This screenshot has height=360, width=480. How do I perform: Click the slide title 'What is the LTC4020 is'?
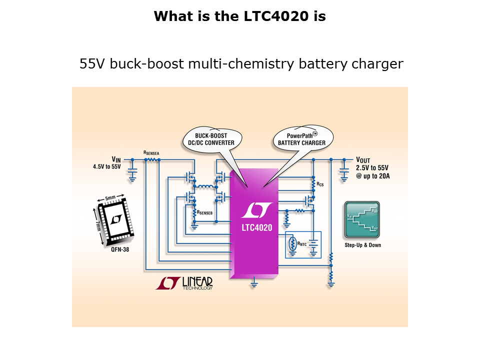[x=240, y=16]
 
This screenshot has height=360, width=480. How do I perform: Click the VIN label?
[x=116, y=159]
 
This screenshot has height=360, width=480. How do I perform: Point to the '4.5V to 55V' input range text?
[x=106, y=167]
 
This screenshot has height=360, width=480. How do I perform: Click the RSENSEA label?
[x=152, y=152]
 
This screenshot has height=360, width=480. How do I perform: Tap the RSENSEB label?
[x=206, y=212]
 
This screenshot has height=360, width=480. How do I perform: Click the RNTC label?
[x=302, y=244]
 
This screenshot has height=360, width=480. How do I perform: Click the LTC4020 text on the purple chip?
[x=253, y=227]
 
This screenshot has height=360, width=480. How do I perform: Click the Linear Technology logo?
[x=184, y=283]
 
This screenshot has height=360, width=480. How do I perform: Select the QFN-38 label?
[x=120, y=249]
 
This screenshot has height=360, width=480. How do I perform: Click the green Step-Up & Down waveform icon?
[x=361, y=219]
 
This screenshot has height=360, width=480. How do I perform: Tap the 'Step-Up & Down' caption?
[x=362, y=245]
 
